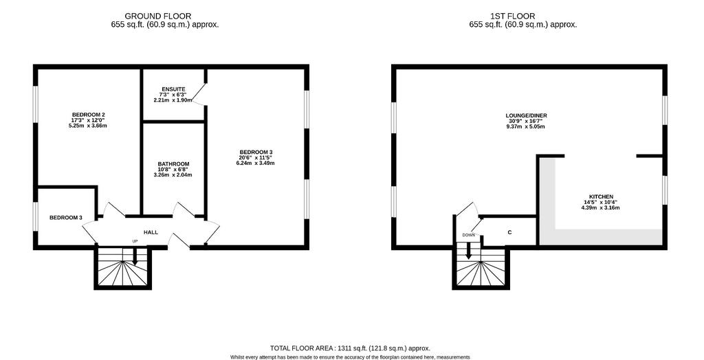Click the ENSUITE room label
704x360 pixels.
(173, 89)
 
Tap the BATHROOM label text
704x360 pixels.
(173, 164)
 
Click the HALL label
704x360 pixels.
(151, 232)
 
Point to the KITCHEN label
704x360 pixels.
(602, 196)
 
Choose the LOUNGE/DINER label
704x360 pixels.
(526, 115)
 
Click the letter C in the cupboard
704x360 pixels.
(509, 232)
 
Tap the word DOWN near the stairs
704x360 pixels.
(469, 235)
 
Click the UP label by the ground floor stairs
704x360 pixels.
(135, 241)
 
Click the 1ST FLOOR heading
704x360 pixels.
(522, 16)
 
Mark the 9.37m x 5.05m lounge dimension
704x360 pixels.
(526, 126)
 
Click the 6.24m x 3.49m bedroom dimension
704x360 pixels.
(256, 163)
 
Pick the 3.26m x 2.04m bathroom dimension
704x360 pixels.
(173, 175)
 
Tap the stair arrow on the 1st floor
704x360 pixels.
(468, 251)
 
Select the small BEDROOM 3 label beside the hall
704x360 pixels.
(65, 218)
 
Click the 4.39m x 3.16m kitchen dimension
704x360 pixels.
(602, 207)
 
